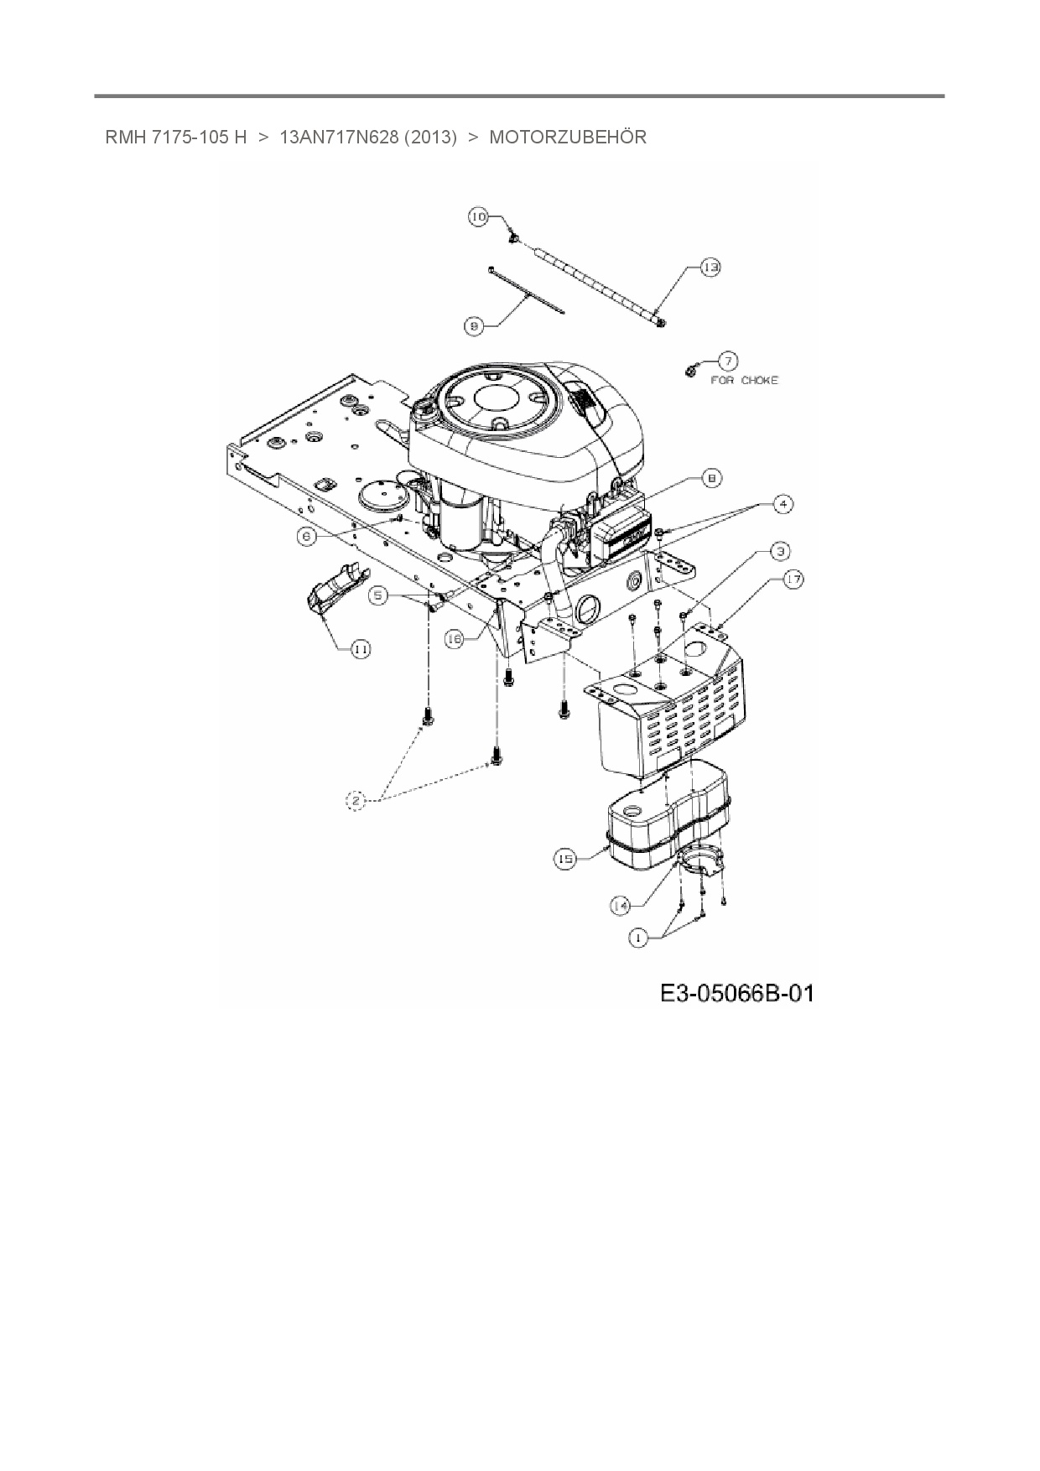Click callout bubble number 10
click(x=477, y=217)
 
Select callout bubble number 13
click(x=710, y=268)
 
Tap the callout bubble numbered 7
click(x=726, y=361)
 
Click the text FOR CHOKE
click(x=744, y=380)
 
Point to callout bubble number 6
click(x=308, y=536)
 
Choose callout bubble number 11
click(x=361, y=649)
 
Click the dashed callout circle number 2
click(x=356, y=802)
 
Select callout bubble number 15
click(x=566, y=859)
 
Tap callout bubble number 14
click(x=621, y=906)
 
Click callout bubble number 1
click(x=639, y=938)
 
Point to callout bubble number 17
click(x=793, y=579)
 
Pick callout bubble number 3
click(x=780, y=551)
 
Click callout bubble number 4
click(x=782, y=504)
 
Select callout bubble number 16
click(x=454, y=639)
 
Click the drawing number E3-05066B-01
click(x=736, y=994)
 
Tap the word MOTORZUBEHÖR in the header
click(x=568, y=137)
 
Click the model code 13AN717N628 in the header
click(x=338, y=137)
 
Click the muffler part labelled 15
click(x=663, y=826)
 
